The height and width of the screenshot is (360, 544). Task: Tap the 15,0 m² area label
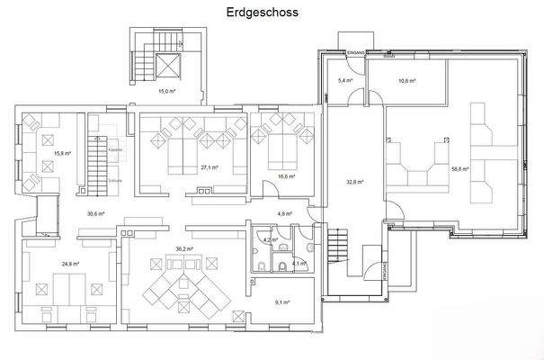(166, 91)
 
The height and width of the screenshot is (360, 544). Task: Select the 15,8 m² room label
(62, 153)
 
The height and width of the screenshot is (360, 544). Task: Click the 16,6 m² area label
(287, 176)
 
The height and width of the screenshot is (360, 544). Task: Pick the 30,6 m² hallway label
(96, 213)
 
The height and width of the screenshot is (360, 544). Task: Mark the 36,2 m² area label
(185, 249)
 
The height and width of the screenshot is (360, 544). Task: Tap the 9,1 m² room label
(281, 302)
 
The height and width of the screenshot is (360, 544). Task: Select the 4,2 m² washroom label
(267, 239)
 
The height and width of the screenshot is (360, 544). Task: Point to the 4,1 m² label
(299, 264)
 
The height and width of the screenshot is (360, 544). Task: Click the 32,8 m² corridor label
(354, 182)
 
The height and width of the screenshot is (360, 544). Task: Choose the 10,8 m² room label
(409, 80)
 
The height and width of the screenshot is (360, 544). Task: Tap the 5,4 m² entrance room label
(344, 80)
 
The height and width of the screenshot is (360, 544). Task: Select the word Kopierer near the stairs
(115, 149)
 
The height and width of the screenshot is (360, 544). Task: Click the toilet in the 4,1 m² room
(282, 265)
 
